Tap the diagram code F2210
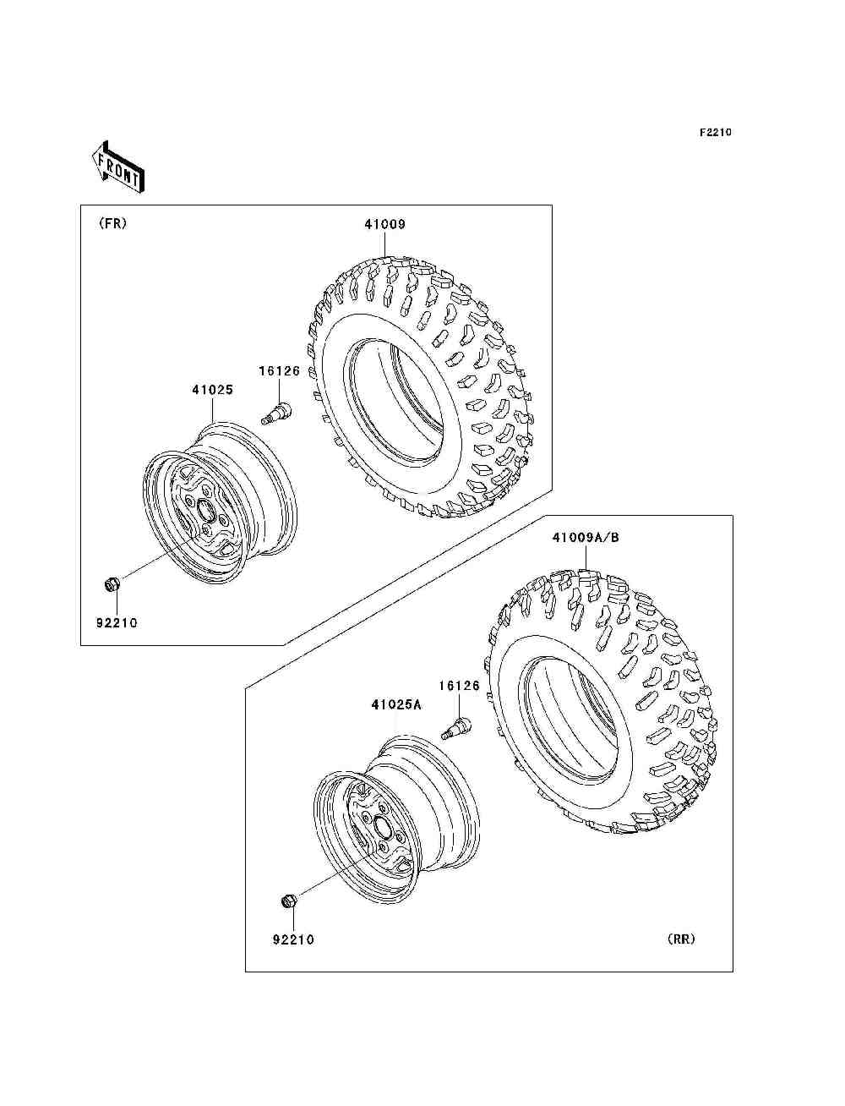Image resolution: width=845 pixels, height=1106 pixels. click(x=715, y=132)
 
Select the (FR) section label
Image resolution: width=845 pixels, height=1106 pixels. click(x=112, y=224)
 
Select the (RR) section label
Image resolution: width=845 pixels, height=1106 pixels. click(x=680, y=939)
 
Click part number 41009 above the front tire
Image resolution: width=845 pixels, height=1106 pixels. click(x=385, y=224)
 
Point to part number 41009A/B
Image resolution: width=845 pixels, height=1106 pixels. click(x=586, y=537)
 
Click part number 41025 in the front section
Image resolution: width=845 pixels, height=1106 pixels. click(x=212, y=390)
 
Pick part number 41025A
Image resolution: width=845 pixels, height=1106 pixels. click(x=395, y=704)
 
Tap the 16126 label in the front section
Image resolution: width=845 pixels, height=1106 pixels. click(x=280, y=370)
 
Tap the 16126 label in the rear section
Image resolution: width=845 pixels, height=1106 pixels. click(x=459, y=686)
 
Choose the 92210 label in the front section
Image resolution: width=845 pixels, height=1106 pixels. click(x=116, y=623)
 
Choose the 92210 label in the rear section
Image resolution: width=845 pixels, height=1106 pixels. click(x=293, y=939)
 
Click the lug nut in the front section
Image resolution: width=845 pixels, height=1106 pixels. click(x=111, y=583)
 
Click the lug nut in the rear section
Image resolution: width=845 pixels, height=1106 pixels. click(x=286, y=901)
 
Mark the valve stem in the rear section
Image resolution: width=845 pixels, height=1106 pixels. click(x=455, y=725)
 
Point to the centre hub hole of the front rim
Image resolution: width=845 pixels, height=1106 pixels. click(x=203, y=508)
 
